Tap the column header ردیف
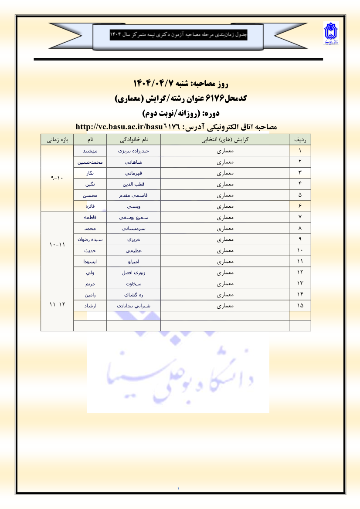pyautogui.click(x=300, y=139)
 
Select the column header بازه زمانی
pyautogui.click(x=57, y=139)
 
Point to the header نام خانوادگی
pyautogui.click(x=133, y=139)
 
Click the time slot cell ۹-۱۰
pyautogui.click(x=57, y=178)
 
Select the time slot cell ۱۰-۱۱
pyautogui.click(x=57, y=244)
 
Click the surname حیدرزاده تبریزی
pyautogui.click(x=134, y=151)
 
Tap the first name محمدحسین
pyautogui.click(x=90, y=162)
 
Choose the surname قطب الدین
pyautogui.click(x=134, y=184)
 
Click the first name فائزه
pyautogui.click(x=90, y=206)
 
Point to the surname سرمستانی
pyautogui.click(x=134, y=228)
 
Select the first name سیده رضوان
pyautogui.click(x=90, y=239)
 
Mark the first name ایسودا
pyautogui.click(x=90, y=261)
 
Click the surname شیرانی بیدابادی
pyautogui.click(x=134, y=306)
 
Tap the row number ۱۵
pyautogui.click(x=300, y=306)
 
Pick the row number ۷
pyautogui.click(x=300, y=217)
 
